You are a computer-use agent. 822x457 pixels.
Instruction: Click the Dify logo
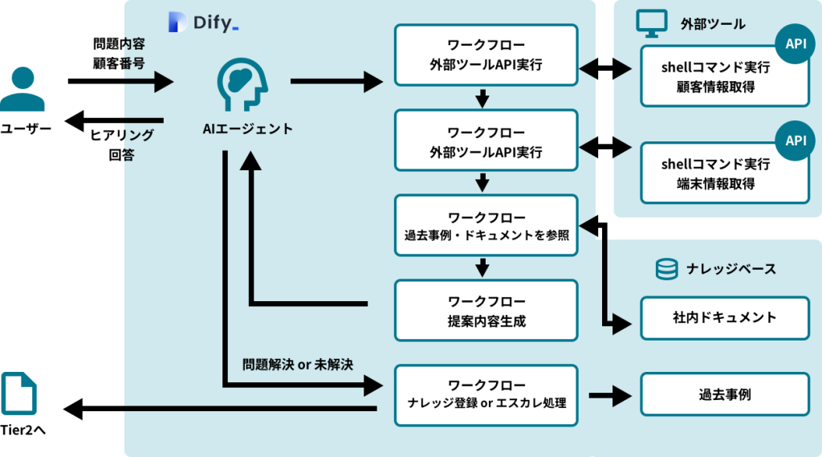click(204, 22)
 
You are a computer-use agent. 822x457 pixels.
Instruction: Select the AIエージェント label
click(247, 129)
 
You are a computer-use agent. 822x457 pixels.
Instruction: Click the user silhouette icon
click(22, 89)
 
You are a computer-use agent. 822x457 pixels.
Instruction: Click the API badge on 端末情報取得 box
click(795, 141)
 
